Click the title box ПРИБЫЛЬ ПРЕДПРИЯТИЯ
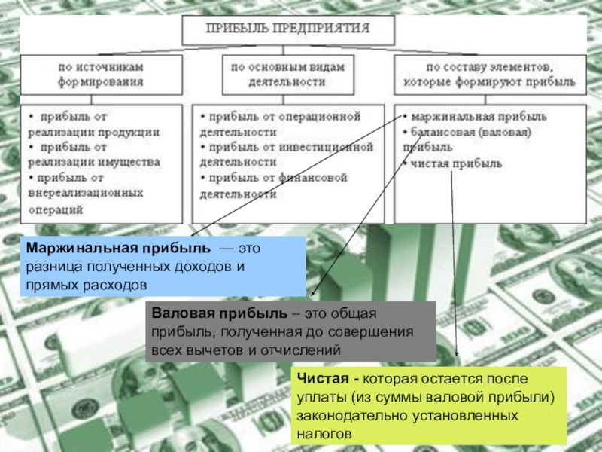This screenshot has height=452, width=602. point(288,30)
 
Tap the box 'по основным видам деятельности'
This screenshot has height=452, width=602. point(287,74)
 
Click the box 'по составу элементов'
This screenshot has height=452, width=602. point(489,74)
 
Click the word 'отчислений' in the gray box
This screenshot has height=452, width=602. point(309,350)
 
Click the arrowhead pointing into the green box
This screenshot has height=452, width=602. point(457,357)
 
